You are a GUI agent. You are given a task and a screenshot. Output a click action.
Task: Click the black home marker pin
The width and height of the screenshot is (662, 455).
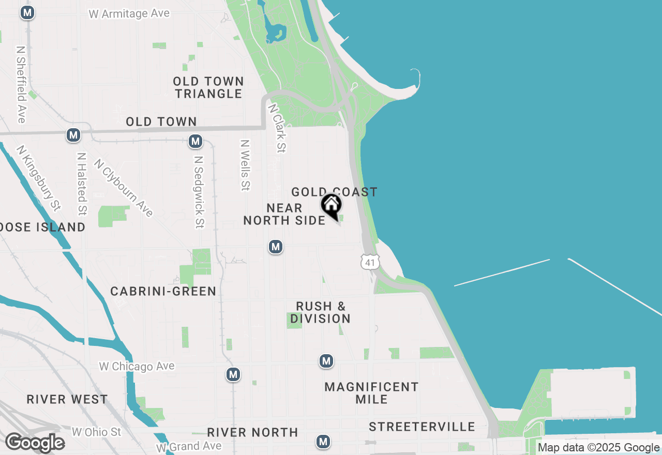click(331, 205)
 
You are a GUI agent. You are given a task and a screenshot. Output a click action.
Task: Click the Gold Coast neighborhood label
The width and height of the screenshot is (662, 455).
click(334, 192)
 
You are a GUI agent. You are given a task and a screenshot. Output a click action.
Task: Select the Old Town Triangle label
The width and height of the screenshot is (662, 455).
click(208, 87)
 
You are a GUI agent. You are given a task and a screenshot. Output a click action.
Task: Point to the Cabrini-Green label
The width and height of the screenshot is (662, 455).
click(163, 292)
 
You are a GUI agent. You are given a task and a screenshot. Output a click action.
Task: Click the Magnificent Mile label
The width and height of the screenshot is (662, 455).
click(371, 393)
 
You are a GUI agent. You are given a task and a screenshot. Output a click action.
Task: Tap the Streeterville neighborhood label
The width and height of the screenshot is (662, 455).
click(422, 427)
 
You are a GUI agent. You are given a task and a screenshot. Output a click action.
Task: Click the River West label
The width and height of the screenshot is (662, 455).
click(67, 400)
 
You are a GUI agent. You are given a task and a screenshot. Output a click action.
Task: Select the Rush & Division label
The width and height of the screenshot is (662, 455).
click(320, 312)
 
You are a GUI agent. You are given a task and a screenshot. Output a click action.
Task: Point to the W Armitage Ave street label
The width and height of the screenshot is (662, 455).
click(129, 13)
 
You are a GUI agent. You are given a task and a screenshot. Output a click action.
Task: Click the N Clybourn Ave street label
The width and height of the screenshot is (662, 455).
click(124, 187)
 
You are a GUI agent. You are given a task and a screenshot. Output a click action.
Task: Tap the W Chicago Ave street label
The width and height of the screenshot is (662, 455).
click(137, 367)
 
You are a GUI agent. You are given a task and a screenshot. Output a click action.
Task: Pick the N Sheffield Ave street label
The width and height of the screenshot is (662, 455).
click(21, 85)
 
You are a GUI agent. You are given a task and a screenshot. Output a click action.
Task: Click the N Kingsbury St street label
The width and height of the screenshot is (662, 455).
click(38, 178)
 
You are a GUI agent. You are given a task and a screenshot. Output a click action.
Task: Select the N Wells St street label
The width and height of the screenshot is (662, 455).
click(245, 164)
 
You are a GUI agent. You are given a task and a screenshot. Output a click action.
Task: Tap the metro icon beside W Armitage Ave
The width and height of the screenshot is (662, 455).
click(27, 13)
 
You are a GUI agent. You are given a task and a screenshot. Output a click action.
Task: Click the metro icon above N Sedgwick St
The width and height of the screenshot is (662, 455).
click(195, 141)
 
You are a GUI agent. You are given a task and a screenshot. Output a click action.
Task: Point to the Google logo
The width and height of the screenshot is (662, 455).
click(35, 443)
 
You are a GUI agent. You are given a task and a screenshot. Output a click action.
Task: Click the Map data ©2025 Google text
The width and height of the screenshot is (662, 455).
click(598, 448)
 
